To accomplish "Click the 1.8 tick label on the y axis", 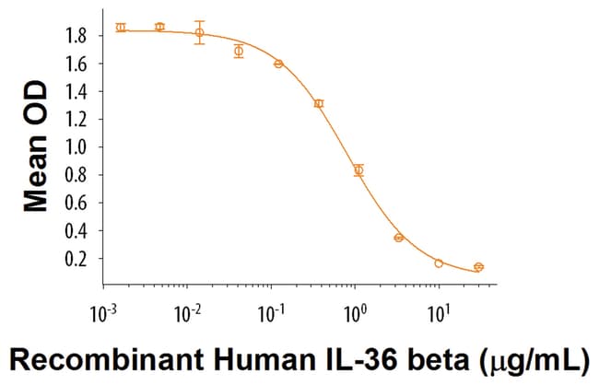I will pyautogui.click(x=76, y=36).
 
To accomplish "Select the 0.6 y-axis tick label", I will pyautogui.click(x=76, y=204).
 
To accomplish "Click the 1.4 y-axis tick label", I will pyautogui.click(x=76, y=91).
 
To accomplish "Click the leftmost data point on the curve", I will pyautogui.click(x=121, y=28).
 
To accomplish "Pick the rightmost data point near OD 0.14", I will pyautogui.click(x=478, y=267).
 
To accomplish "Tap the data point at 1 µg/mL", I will pyautogui.click(x=358, y=169).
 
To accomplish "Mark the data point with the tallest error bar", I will pyautogui.click(x=199, y=33).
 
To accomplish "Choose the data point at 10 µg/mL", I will pyautogui.click(x=439, y=263).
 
